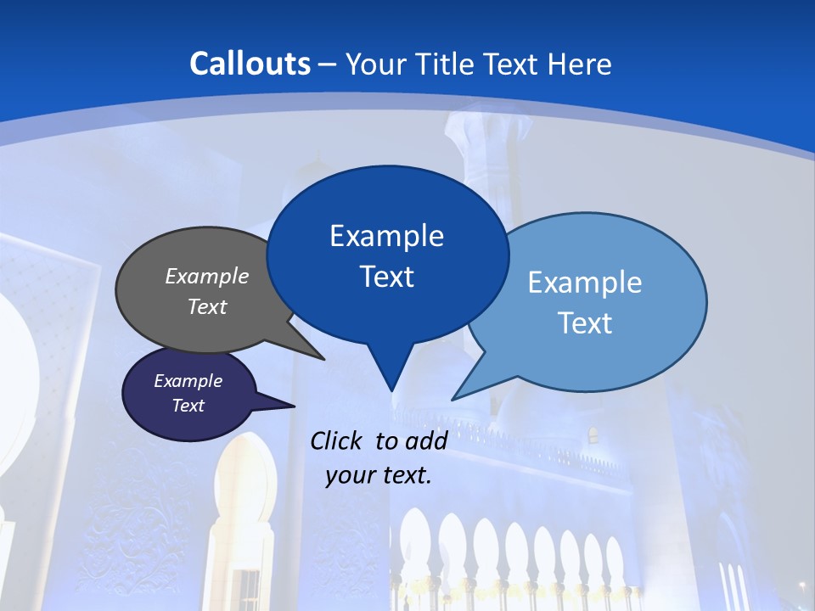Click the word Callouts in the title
tap(250, 64)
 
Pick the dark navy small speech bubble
tap(170, 420)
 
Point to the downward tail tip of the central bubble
tap(391, 390)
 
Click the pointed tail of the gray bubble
tap(320, 357)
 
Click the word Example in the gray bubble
tap(207, 276)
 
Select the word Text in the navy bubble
tap(188, 406)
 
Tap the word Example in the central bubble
tap(386, 236)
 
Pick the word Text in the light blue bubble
tap(585, 323)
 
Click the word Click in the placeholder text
tap(336, 440)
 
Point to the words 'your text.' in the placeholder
tap(379, 475)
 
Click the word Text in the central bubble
tap(387, 277)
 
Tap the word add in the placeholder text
tap(427, 440)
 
